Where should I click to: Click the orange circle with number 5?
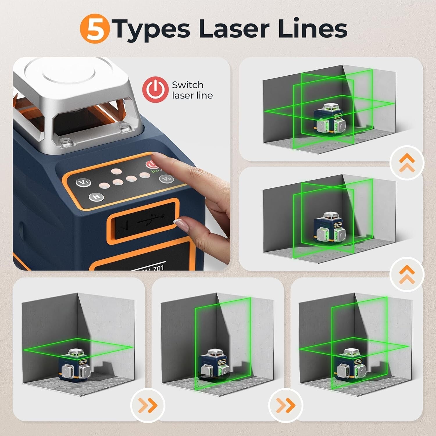(94, 29)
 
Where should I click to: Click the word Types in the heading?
(151, 30)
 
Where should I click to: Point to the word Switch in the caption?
(187, 85)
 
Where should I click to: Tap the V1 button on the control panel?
(83, 183)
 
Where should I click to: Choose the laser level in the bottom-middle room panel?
(214, 365)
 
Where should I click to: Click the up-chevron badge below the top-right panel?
(407, 162)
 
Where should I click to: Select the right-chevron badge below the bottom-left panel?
(148, 405)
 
